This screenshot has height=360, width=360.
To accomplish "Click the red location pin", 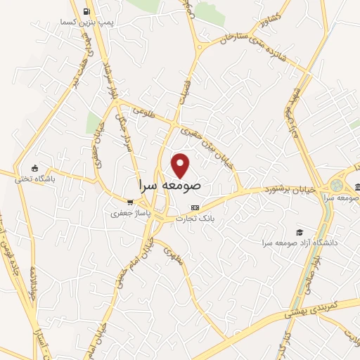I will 181,165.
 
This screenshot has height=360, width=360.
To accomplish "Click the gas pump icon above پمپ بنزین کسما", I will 86,11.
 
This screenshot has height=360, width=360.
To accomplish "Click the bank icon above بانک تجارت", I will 195,207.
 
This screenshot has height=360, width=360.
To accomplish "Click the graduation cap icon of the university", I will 300,231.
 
